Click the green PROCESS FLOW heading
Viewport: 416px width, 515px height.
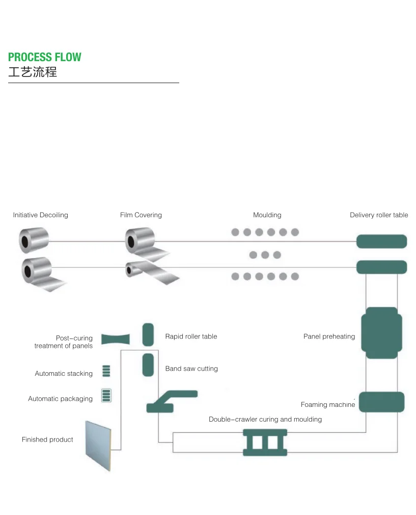[x=45, y=57]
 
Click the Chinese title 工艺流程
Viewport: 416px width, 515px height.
[x=33, y=72]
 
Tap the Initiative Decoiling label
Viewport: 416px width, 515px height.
[x=40, y=215]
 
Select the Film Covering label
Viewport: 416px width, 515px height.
[x=141, y=215]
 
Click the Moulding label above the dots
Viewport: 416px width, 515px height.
[x=267, y=215]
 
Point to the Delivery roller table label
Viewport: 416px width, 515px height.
[x=379, y=215]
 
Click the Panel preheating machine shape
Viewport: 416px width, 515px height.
[x=381, y=332]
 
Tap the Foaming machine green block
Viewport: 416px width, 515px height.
[x=381, y=402]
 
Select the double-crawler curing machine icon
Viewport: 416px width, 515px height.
[x=265, y=442]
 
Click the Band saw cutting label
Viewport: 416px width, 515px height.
[x=191, y=369]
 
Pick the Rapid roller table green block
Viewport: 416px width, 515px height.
[x=148, y=334]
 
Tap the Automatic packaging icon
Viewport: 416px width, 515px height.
[x=106, y=396]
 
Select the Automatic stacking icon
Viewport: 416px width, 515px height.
[x=106, y=371]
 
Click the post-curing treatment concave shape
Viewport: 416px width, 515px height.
[x=116, y=339]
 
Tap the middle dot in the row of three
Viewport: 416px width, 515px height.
[x=265, y=254]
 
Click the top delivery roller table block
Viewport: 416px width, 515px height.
[x=381, y=241]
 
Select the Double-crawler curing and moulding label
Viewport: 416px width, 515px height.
[x=265, y=420]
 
